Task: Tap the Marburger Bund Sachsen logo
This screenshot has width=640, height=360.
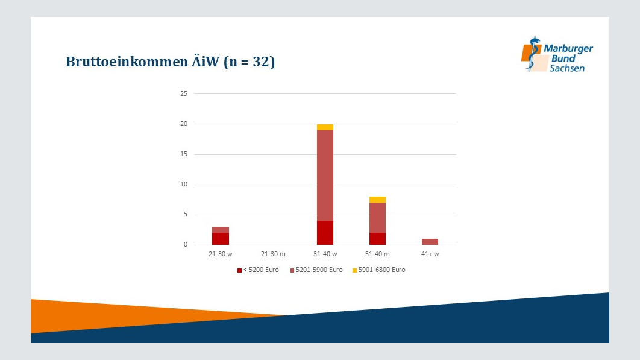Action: (557, 54)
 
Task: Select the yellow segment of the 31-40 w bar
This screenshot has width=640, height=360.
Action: (325, 127)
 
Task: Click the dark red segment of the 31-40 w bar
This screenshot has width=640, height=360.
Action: (325, 233)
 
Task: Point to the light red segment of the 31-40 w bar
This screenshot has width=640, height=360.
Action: (325, 175)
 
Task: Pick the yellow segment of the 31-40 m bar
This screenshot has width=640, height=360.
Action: (377, 200)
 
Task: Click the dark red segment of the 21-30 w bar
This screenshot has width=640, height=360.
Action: (221, 239)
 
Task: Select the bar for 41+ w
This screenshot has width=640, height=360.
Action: (430, 242)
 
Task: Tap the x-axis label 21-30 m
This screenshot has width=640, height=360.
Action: (273, 254)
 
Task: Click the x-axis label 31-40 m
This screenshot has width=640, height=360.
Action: (377, 254)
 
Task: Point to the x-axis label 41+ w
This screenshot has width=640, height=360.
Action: (430, 254)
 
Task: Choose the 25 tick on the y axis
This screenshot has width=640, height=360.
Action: (184, 93)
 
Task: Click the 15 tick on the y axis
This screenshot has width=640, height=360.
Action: (184, 154)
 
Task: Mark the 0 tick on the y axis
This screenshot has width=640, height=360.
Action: (186, 245)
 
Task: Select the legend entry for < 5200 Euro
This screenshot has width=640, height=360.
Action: (258, 270)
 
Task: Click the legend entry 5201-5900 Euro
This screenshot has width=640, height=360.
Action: (316, 270)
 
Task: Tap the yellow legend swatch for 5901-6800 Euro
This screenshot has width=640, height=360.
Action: (355, 271)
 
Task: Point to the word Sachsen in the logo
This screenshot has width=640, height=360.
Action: (567, 68)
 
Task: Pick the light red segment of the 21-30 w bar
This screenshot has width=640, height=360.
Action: (221, 230)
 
